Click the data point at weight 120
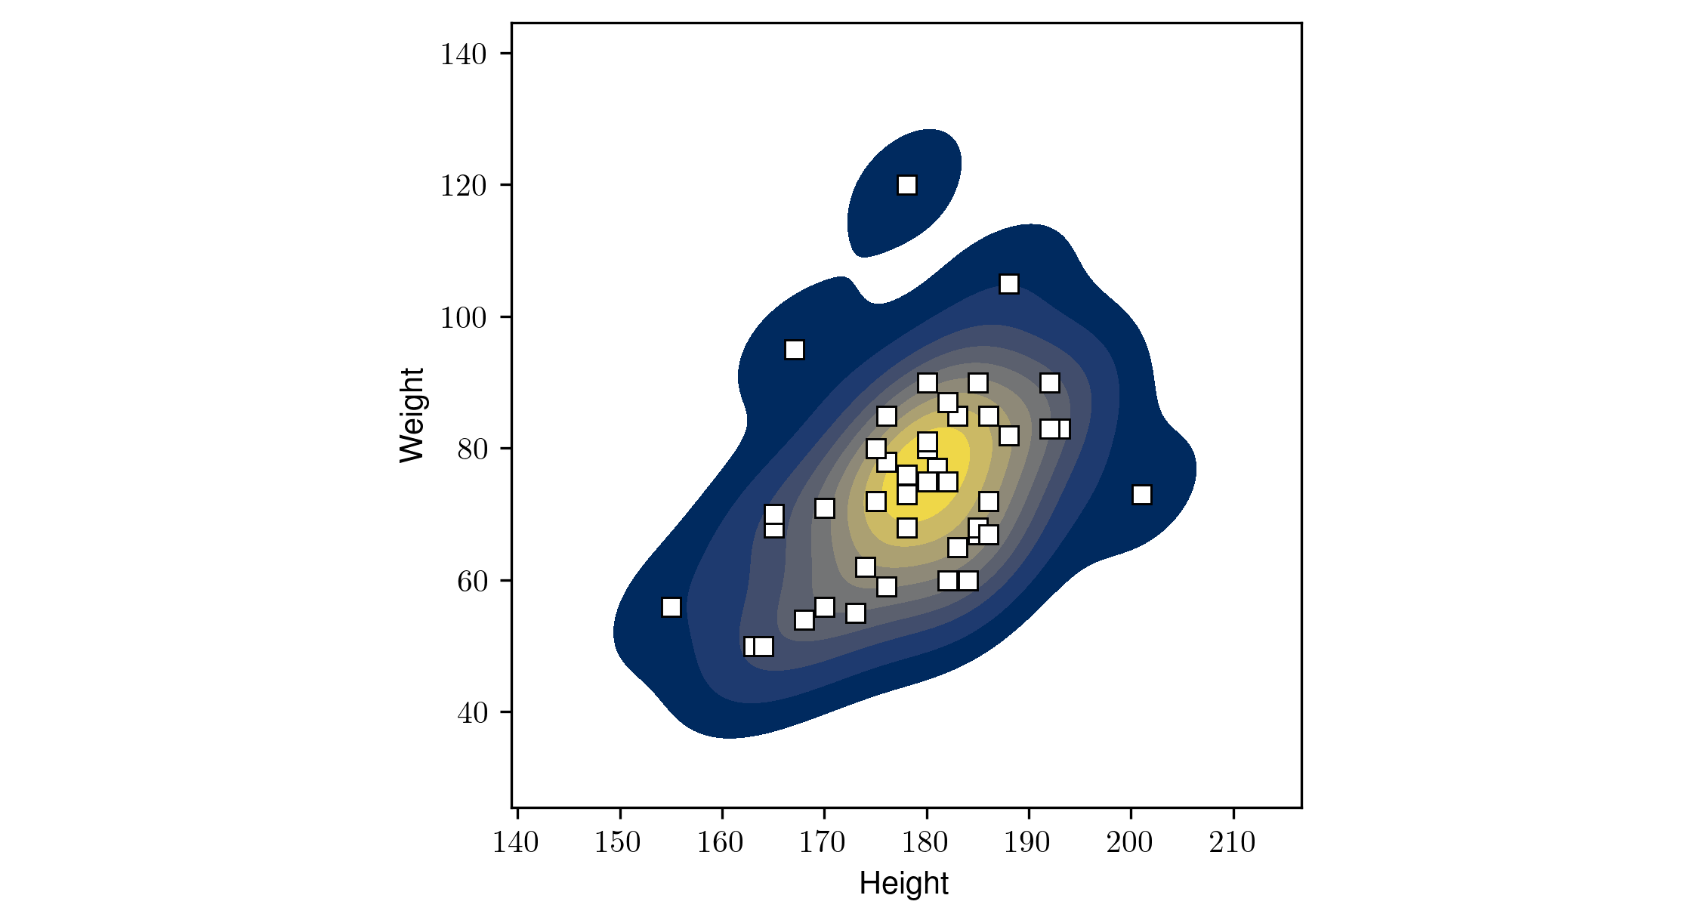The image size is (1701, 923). pyautogui.click(x=907, y=185)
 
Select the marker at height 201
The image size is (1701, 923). pyautogui.click(x=1142, y=495)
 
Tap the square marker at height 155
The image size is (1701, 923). pyautogui.click(x=671, y=607)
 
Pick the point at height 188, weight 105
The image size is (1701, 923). pyautogui.click(x=1009, y=284)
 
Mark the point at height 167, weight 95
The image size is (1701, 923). pyautogui.click(x=795, y=350)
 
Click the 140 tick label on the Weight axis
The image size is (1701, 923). pyautogui.click(x=463, y=54)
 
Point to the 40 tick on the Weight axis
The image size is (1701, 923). pyautogui.click(x=472, y=713)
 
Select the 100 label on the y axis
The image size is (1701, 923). pyautogui.click(x=463, y=318)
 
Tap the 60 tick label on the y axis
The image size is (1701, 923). pyautogui.click(x=472, y=582)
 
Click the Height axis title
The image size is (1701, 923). pyautogui.click(x=903, y=884)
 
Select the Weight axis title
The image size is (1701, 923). pyautogui.click(x=412, y=415)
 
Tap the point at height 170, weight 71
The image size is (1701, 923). pyautogui.click(x=825, y=508)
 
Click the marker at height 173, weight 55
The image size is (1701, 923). pyautogui.click(x=856, y=613)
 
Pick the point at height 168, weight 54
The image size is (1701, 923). pyautogui.click(x=804, y=620)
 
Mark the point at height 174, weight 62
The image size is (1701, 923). pyautogui.click(x=866, y=567)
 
